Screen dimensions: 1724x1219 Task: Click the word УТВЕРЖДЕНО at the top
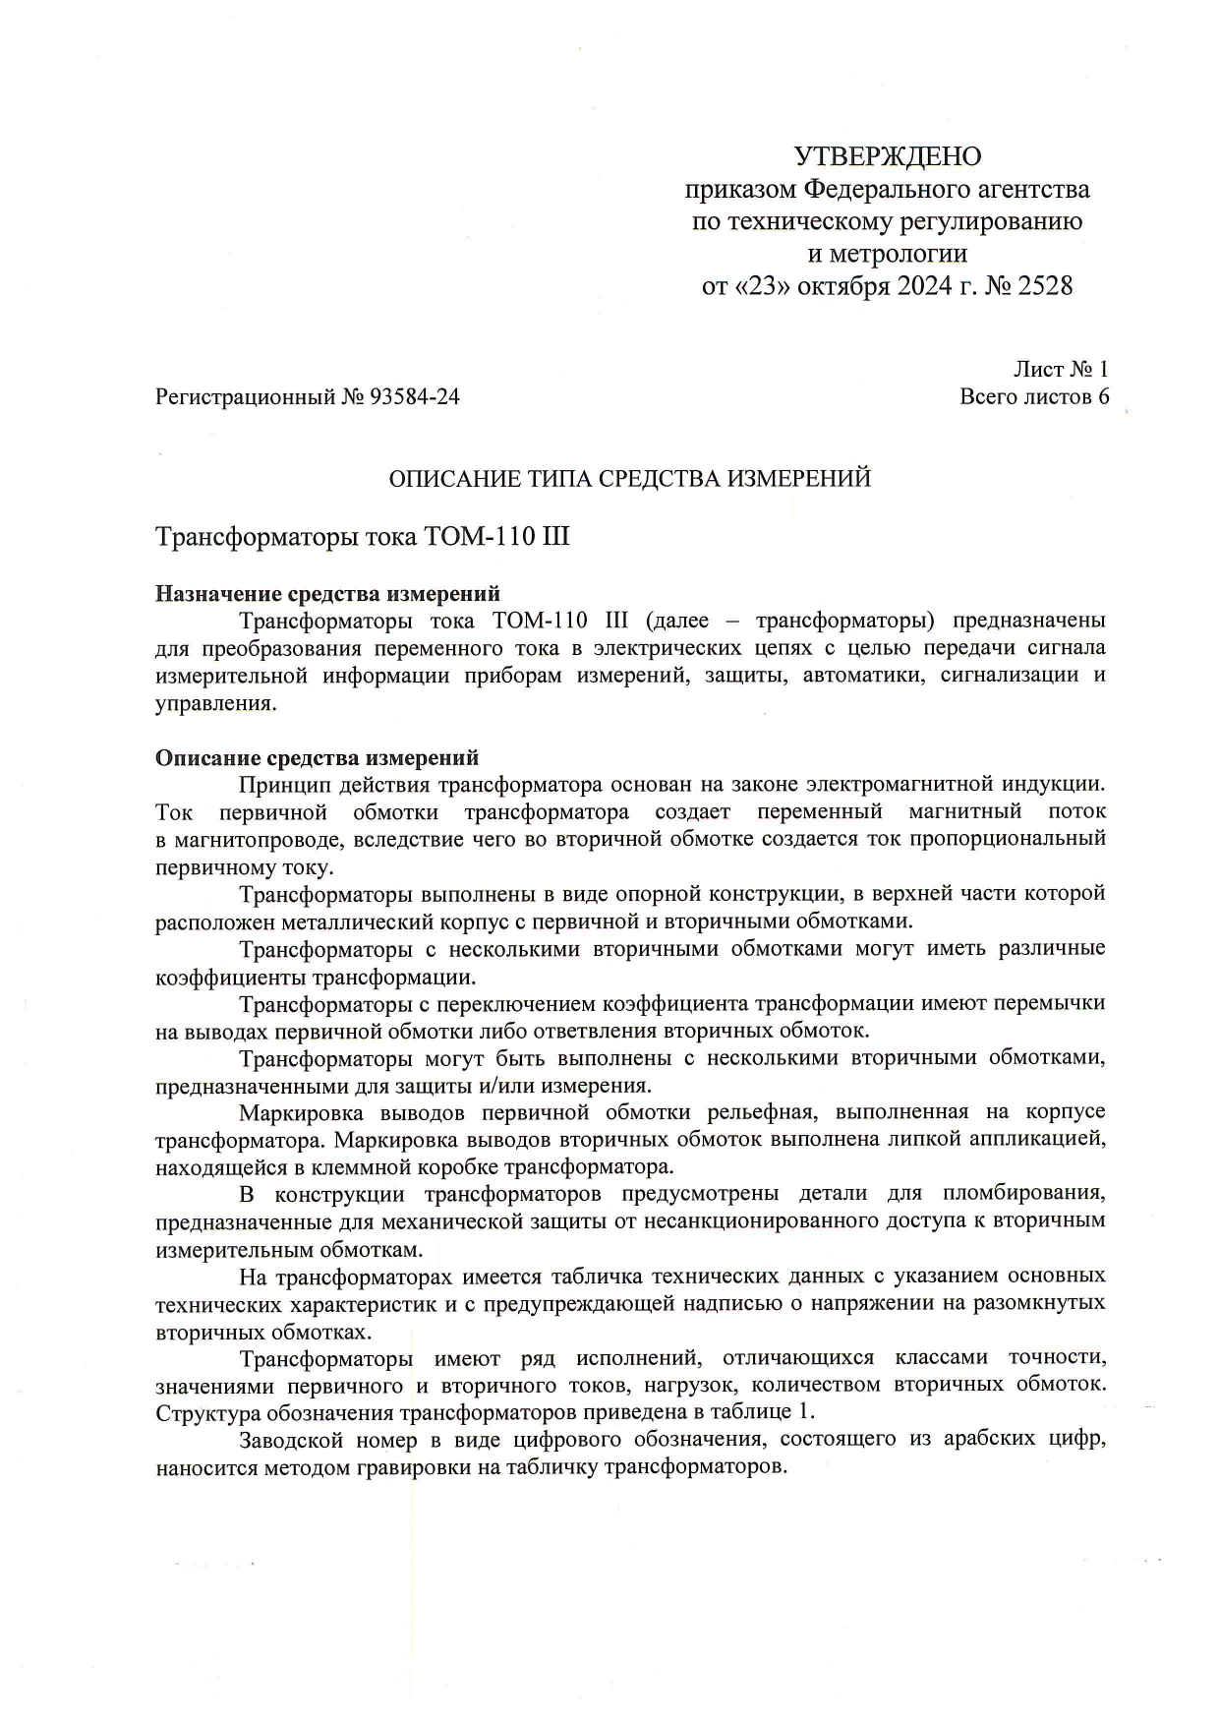(887, 156)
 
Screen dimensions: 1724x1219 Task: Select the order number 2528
(1040, 287)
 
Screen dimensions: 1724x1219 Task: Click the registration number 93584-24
(414, 397)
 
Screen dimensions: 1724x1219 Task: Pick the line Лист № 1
(1061, 370)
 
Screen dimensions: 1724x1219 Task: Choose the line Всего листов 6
(1034, 397)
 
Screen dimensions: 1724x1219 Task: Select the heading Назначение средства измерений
(327, 594)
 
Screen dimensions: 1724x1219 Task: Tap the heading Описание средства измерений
(318, 758)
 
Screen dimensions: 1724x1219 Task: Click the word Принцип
(281, 785)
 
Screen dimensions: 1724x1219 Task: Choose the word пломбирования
(1025, 1195)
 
